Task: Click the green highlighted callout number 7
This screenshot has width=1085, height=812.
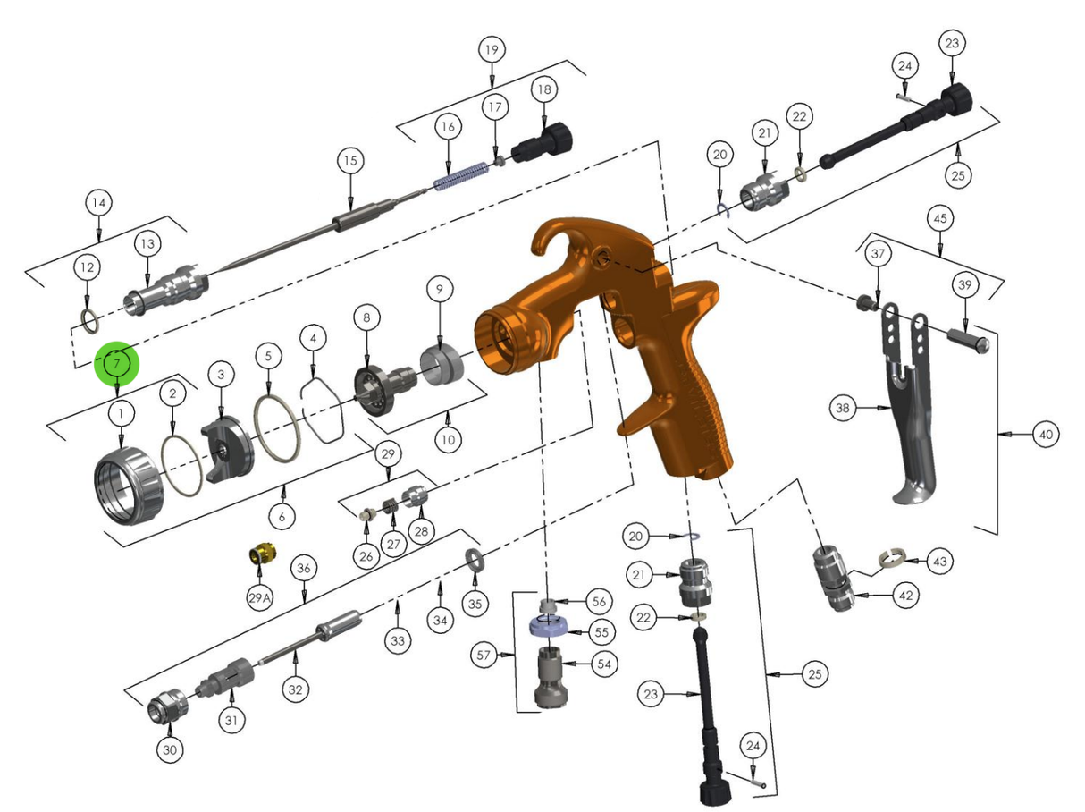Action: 117,363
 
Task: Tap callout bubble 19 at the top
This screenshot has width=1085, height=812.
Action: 491,49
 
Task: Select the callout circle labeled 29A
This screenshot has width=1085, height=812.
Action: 258,597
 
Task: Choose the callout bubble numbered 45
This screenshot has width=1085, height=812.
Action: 938,217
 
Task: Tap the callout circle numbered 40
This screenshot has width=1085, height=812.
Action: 1045,436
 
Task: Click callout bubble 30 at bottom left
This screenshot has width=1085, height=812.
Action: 170,749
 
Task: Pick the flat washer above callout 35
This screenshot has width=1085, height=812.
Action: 473,561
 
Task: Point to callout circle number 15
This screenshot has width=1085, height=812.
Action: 350,162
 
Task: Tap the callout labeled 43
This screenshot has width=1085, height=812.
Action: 938,562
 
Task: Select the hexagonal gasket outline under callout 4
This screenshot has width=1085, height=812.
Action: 323,410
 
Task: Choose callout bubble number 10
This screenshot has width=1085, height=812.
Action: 448,439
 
